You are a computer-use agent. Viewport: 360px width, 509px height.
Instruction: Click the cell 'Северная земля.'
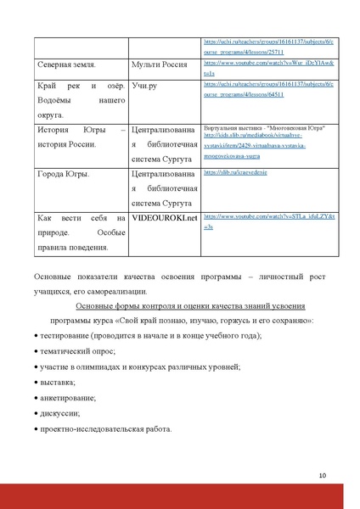(65, 64)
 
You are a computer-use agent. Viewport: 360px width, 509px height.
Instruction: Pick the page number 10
(323, 475)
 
